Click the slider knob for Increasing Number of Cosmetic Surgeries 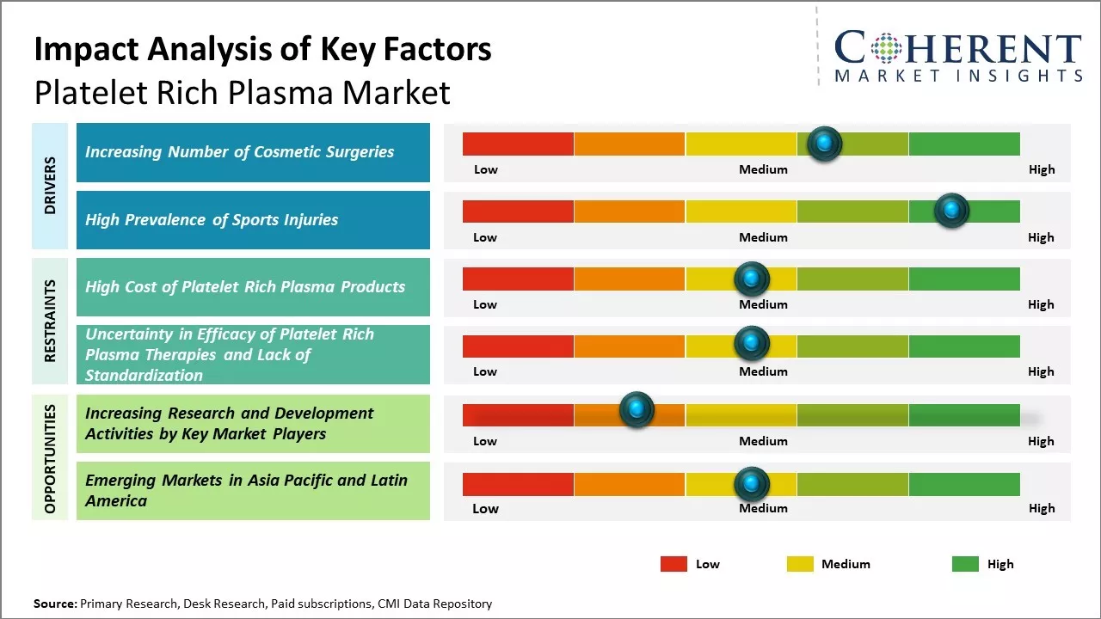(825, 144)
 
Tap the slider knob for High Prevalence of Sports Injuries (951, 211)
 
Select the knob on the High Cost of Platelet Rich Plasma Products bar (752, 279)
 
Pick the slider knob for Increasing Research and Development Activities (637, 410)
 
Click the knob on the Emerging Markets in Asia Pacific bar (752, 484)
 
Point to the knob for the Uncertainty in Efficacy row (752, 344)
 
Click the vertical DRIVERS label (50, 186)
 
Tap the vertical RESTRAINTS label (50, 321)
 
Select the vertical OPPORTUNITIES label (50, 458)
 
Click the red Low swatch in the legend (674, 564)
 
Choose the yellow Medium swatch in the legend (800, 564)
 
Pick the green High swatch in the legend (965, 564)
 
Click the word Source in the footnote (54, 604)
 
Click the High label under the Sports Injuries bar (1041, 237)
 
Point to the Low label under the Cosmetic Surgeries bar (486, 169)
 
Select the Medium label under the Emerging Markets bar (763, 508)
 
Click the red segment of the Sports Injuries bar (518, 211)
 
